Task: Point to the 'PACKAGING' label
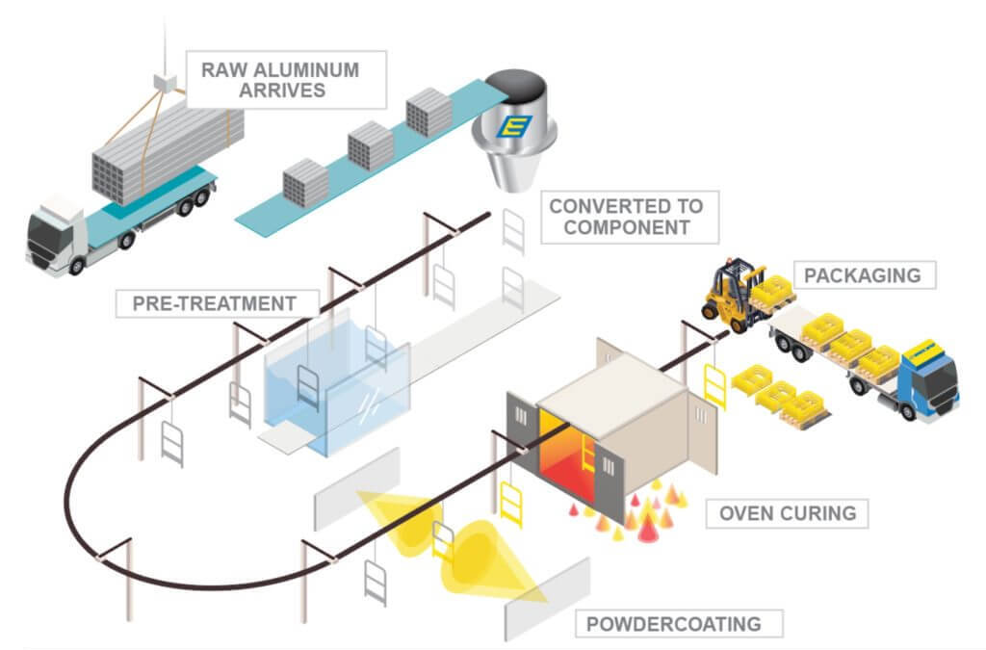click(862, 274)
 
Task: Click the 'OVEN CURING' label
click(788, 512)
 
